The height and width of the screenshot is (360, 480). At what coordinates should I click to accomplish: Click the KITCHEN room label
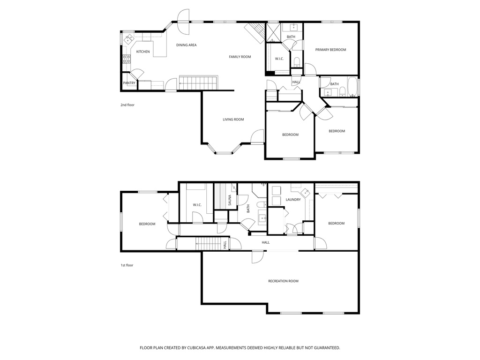click(143, 52)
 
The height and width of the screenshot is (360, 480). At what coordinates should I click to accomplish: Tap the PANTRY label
click(129, 83)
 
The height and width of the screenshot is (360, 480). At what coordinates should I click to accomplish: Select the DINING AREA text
click(186, 45)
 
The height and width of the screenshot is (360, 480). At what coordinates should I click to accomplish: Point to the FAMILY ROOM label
click(240, 57)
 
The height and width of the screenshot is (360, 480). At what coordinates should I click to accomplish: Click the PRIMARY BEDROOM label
click(330, 50)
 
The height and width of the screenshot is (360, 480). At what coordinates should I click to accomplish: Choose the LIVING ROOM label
click(233, 120)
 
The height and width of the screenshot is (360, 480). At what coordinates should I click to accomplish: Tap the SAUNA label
click(230, 200)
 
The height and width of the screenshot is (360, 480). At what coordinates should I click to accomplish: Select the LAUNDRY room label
click(292, 200)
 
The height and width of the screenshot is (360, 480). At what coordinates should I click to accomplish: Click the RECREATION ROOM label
click(283, 281)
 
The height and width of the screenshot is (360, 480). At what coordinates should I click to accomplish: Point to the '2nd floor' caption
click(127, 105)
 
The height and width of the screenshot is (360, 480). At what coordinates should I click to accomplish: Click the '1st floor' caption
click(127, 265)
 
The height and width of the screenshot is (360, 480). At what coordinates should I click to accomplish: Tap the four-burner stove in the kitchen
click(126, 59)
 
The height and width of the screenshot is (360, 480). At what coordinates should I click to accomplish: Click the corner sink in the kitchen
click(128, 39)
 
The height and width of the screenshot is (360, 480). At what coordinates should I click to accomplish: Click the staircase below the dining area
click(198, 83)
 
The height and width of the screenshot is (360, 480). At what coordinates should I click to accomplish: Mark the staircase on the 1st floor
click(207, 243)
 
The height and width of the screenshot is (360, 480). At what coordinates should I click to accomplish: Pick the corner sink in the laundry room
click(306, 192)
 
